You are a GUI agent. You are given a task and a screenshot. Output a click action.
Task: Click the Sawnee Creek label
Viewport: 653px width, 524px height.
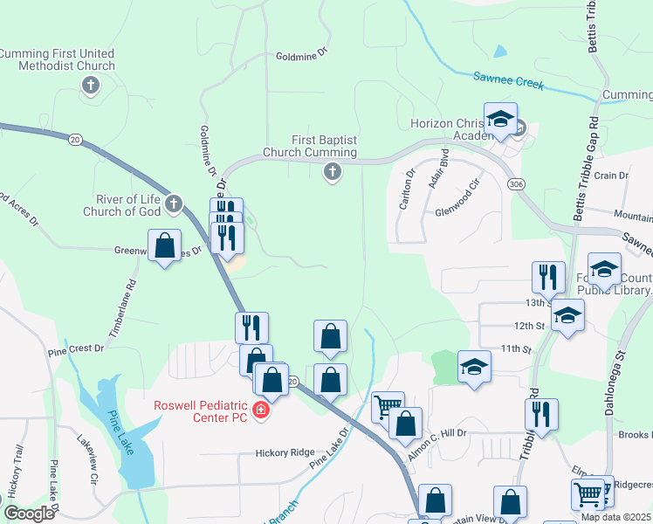508,81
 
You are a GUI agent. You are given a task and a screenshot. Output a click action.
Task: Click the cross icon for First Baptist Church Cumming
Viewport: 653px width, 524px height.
332,173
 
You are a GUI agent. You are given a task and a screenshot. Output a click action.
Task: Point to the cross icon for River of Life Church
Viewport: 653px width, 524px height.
173,205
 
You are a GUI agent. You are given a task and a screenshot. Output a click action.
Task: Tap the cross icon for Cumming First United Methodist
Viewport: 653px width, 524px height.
89,85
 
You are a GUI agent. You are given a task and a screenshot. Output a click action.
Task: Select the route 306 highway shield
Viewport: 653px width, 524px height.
515,184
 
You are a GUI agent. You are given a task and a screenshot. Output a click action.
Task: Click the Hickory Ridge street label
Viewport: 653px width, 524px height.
285,452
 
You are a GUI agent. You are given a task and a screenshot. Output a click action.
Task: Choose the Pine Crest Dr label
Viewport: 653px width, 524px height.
76,348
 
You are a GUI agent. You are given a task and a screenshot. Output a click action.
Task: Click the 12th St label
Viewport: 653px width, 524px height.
529,326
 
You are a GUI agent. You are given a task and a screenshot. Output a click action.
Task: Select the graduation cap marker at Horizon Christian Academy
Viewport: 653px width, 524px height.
500,120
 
